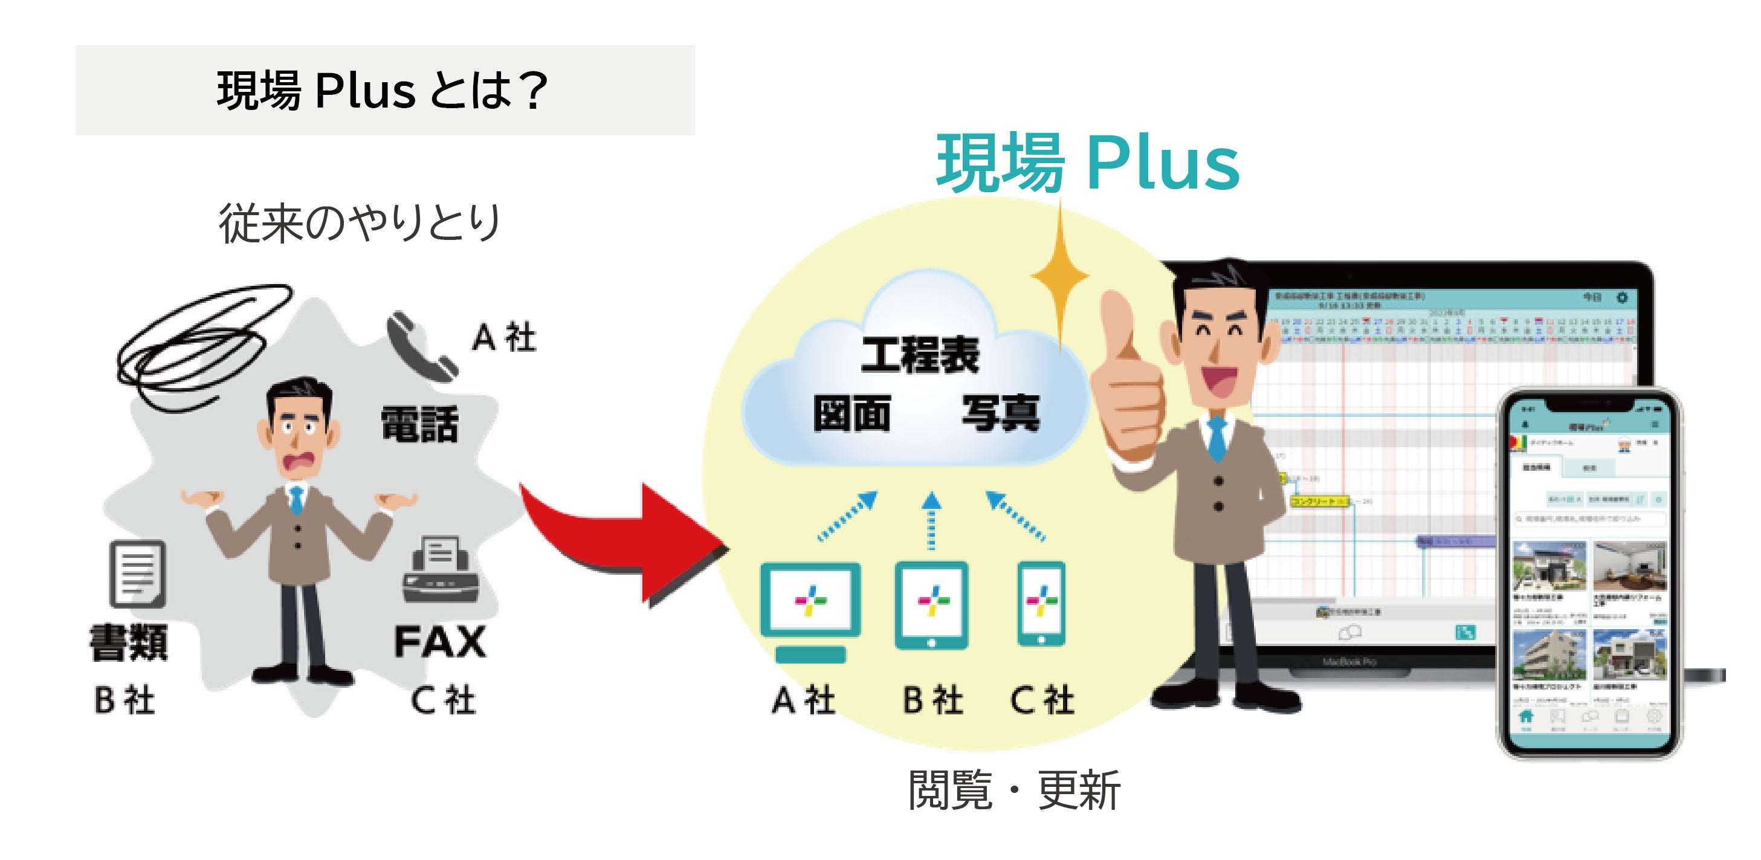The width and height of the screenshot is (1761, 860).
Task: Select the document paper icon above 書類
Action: click(x=137, y=574)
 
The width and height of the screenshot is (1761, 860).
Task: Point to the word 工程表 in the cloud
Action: click(x=919, y=355)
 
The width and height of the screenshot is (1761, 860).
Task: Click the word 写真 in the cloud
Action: click(x=1000, y=413)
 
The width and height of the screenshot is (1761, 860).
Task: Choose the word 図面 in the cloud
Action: click(x=851, y=413)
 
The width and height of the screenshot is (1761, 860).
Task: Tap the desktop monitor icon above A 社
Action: click(x=810, y=609)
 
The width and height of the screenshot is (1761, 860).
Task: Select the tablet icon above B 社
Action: click(x=931, y=605)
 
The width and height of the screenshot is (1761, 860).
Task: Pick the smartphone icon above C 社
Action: click(x=1041, y=604)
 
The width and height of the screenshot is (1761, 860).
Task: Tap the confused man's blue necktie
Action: click(x=296, y=500)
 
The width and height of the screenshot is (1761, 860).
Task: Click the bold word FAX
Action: click(x=439, y=642)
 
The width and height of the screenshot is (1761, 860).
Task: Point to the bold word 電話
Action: click(x=419, y=424)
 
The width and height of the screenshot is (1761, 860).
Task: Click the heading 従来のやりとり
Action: click(x=360, y=222)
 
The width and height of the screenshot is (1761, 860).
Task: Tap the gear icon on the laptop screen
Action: click(x=1621, y=298)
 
